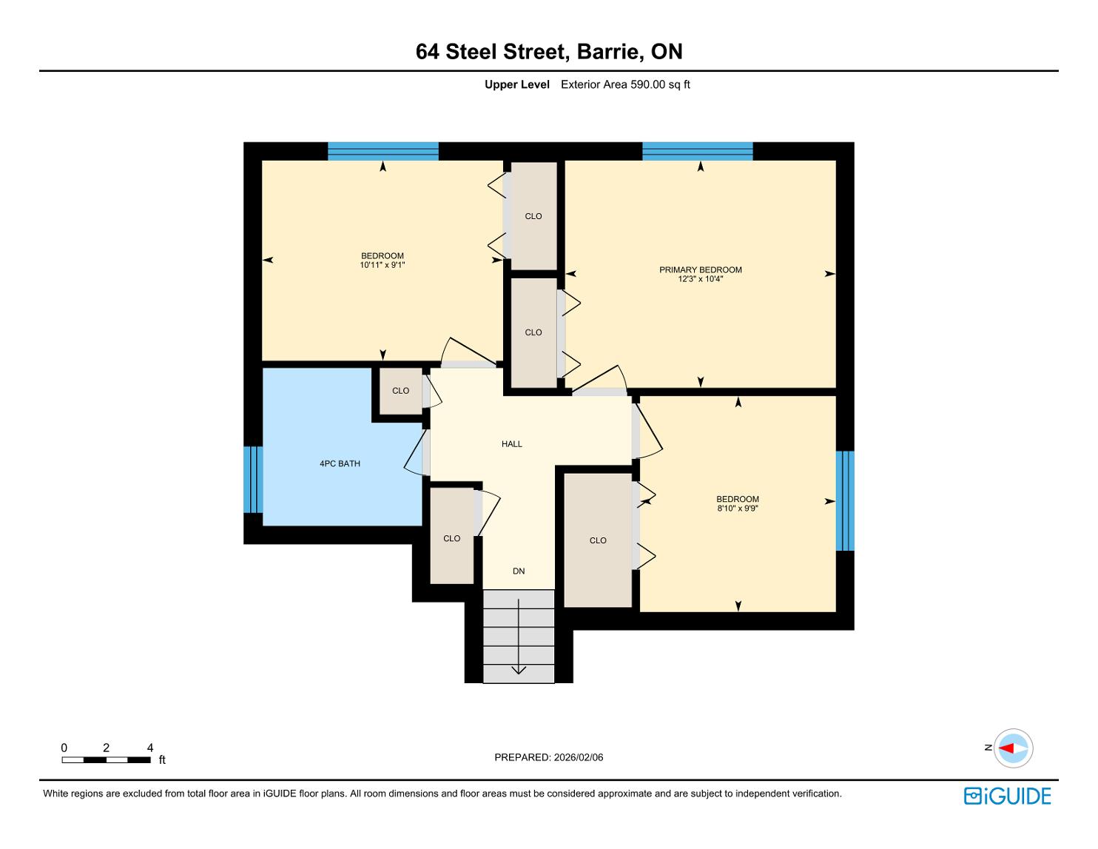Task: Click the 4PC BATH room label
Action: pos(340,463)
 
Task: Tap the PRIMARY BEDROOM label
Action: pos(701,270)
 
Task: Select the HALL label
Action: pos(511,444)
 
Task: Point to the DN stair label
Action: pos(519,571)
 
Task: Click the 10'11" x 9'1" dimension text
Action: pos(382,265)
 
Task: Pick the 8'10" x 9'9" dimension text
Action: pos(738,509)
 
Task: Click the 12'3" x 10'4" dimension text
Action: pos(701,278)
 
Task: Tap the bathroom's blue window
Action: pos(253,480)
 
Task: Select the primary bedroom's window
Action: pos(697,152)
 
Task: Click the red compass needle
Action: pos(1006,748)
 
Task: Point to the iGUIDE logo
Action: pos(1007,796)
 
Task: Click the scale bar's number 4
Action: pos(150,748)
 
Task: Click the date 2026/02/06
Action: pos(579,757)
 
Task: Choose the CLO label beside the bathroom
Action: pos(400,391)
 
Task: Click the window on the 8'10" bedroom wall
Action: pos(845,501)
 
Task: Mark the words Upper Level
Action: pos(516,84)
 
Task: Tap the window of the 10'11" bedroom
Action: pos(383,152)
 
